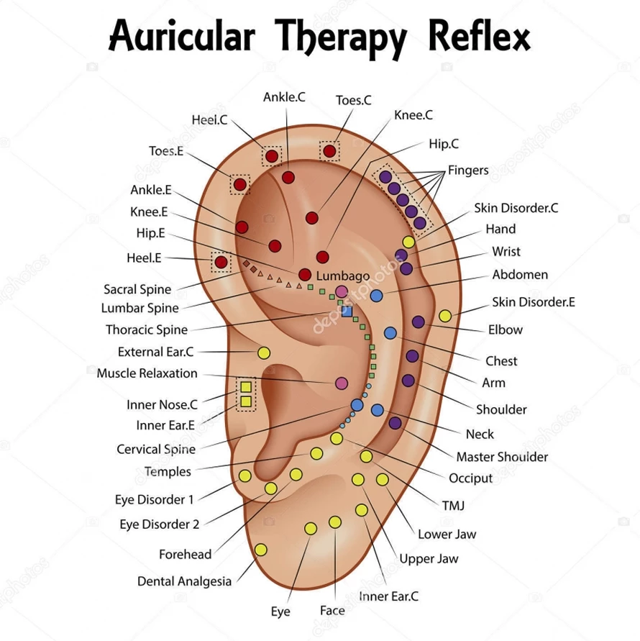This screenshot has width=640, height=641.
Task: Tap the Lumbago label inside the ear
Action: tap(343, 276)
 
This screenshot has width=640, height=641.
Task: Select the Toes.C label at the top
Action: tap(354, 100)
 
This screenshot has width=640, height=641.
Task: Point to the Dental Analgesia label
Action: tap(184, 581)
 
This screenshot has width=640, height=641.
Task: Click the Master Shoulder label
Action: tap(502, 457)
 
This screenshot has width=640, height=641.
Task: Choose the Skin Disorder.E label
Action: tap(534, 302)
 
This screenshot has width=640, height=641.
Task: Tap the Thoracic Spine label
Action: tap(147, 330)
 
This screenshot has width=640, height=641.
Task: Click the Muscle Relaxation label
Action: tap(147, 373)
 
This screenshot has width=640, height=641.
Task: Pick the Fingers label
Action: tap(468, 171)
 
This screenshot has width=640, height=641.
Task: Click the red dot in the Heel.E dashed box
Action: tap(221, 262)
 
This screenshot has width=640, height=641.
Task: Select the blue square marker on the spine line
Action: tap(347, 312)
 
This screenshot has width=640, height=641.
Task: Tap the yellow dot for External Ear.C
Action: tap(264, 353)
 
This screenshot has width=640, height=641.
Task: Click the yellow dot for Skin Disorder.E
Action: tap(445, 316)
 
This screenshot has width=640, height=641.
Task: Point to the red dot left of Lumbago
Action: tap(305, 275)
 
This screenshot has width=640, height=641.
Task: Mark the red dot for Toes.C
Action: tap(329, 151)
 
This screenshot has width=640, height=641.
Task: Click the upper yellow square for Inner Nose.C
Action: tap(246, 387)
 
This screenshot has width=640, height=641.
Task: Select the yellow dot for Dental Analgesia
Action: tap(260, 550)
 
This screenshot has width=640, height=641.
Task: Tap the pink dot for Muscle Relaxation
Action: tap(342, 383)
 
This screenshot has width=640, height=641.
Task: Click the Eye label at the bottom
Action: tap(280, 612)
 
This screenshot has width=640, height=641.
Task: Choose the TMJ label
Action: tap(453, 505)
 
